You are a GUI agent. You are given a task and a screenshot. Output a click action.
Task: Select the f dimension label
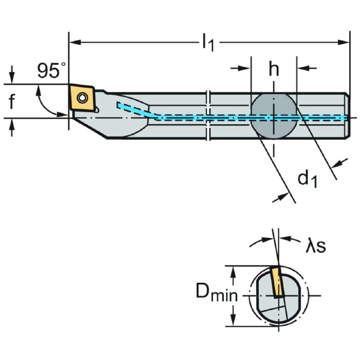tap(12, 101)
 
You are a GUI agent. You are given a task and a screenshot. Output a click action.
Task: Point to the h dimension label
tap(274, 70)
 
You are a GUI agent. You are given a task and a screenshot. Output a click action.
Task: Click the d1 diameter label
tap(307, 178)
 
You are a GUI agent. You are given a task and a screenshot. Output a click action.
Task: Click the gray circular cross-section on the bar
tap(274, 117)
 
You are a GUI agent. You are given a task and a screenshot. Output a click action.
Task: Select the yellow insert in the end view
tap(277, 282)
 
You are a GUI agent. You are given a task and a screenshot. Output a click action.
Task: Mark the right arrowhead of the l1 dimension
tap(346, 42)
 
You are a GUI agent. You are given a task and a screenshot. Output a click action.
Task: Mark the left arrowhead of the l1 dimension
tap(74, 42)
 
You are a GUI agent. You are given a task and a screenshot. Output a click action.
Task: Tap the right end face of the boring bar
tap(349, 116)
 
